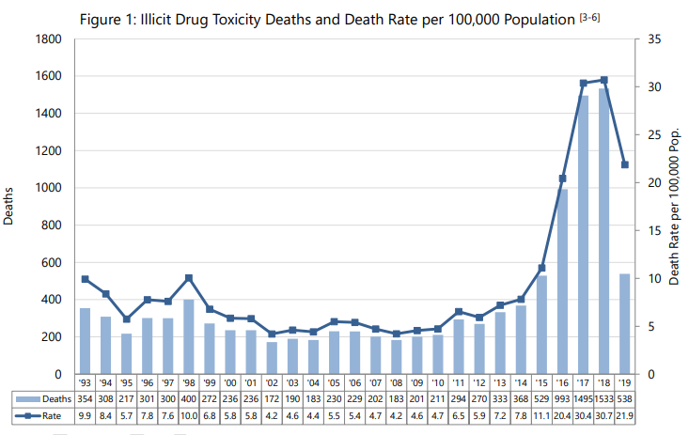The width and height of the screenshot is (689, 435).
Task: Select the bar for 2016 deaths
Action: (563, 282)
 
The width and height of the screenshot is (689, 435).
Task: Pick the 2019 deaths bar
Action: (625, 323)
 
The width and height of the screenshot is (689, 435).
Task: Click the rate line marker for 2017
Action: (584, 83)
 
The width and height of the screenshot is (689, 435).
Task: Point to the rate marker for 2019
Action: (625, 164)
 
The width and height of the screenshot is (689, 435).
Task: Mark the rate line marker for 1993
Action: (85, 279)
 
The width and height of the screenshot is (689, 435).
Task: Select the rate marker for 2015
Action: (542, 268)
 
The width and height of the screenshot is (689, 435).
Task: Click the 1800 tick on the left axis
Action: (49, 39)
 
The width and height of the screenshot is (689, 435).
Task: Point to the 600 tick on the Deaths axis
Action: (53, 262)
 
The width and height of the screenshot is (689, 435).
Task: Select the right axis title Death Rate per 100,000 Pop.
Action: (674, 207)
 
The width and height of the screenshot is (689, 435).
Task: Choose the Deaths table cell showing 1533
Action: (604, 398)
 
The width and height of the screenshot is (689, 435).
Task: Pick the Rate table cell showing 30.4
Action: (584, 415)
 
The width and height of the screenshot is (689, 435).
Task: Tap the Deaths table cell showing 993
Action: (563, 398)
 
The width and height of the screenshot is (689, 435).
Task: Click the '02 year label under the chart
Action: (272, 383)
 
